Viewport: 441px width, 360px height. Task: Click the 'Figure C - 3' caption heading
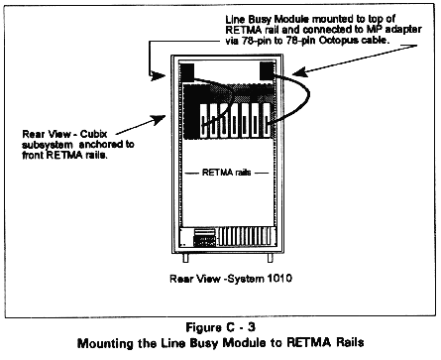(220, 327)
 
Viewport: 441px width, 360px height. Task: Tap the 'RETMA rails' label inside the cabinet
(226, 173)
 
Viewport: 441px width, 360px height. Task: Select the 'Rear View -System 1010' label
(231, 279)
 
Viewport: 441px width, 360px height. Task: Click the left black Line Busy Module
(187, 72)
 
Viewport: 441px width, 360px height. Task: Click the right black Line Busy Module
(268, 70)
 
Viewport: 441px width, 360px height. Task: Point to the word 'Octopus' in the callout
(338, 41)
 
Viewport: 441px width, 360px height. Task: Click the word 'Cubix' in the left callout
(94, 134)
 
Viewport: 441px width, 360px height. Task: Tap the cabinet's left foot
(185, 258)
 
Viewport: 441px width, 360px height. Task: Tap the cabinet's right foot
(271, 258)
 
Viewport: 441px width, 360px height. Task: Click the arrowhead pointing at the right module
(298, 71)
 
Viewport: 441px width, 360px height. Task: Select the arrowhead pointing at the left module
(158, 76)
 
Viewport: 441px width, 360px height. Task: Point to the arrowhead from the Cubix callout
(159, 120)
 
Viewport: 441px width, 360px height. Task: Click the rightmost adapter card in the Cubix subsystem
(267, 120)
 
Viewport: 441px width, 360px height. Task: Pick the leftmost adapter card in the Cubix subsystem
(204, 120)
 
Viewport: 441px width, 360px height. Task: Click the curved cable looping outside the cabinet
(308, 95)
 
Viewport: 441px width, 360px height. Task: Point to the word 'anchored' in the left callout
(107, 145)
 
